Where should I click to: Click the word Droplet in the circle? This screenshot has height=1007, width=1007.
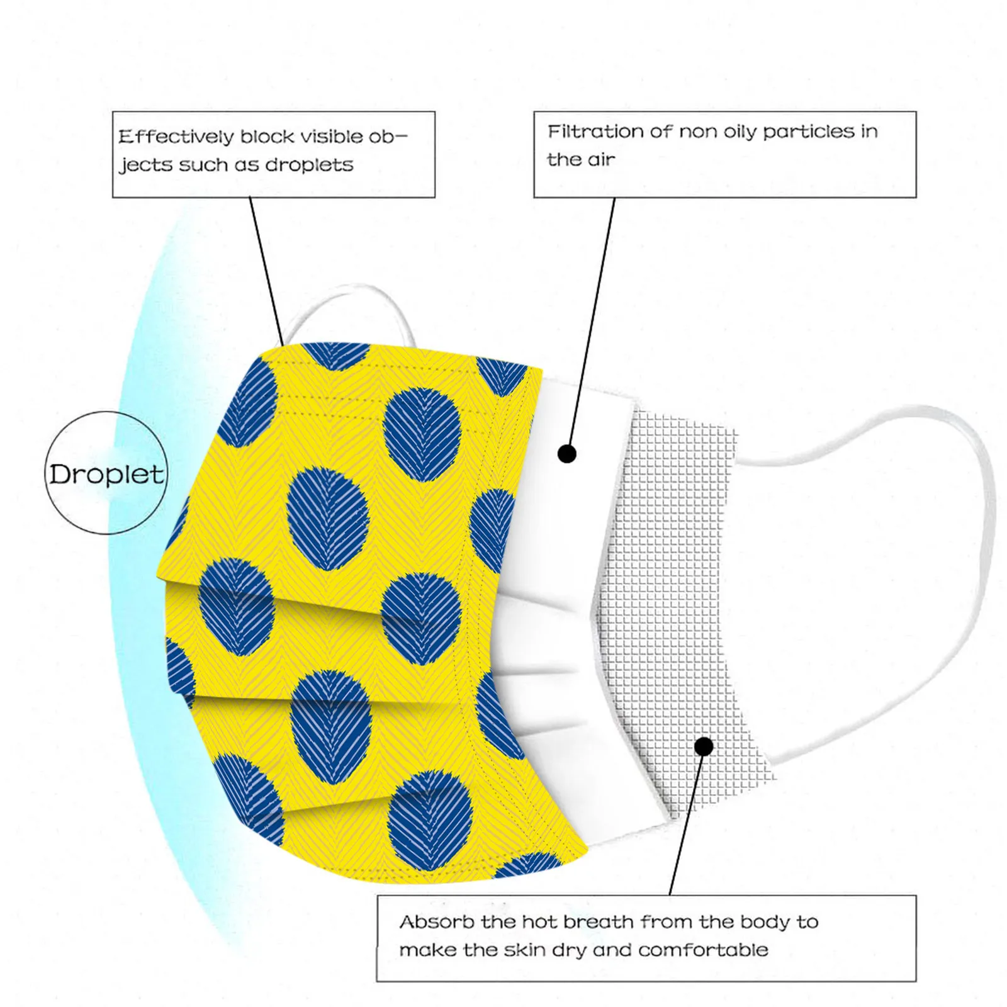106,475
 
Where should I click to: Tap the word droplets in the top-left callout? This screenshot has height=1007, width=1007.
309,166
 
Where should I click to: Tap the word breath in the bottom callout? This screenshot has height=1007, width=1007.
599,922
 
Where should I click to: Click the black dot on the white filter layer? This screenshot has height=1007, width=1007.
567,453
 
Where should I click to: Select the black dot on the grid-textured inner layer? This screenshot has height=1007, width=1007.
704,746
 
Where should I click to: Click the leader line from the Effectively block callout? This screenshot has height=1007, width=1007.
266,271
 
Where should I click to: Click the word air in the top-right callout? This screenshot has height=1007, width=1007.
601,160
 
